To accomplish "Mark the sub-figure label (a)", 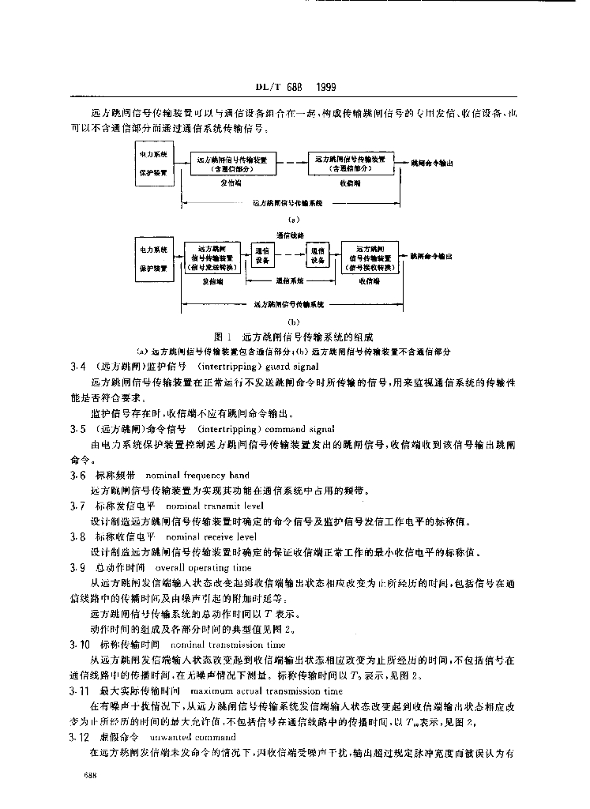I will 291,219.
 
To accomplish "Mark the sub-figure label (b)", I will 291,322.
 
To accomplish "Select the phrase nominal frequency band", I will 197,475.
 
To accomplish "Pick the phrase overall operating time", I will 203,567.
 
